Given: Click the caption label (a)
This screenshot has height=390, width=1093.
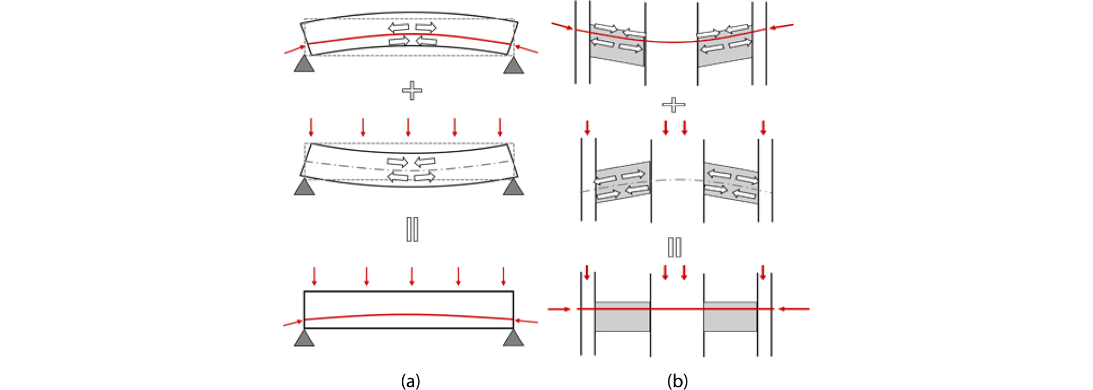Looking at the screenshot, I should pyautogui.click(x=410, y=381).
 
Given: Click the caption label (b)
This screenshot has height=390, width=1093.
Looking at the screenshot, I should pyautogui.click(x=677, y=381).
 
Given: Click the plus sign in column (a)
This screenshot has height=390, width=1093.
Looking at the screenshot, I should pyautogui.click(x=412, y=90).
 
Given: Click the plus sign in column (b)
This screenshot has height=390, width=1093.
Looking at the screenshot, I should pyautogui.click(x=673, y=105).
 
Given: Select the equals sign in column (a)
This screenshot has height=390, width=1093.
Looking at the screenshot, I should pyautogui.click(x=412, y=229).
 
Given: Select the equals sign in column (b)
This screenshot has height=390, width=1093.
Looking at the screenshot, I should pyautogui.click(x=674, y=247).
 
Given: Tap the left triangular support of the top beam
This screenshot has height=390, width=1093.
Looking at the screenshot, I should pyautogui.click(x=304, y=65).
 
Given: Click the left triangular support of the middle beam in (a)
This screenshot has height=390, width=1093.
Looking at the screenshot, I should pyautogui.click(x=304, y=187).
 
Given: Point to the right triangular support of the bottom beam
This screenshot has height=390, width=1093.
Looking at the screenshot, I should pyautogui.click(x=513, y=339).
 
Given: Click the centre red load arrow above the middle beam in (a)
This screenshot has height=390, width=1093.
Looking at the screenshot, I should pyautogui.click(x=408, y=127).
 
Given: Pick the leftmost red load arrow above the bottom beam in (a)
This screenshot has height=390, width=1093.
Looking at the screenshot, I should pyautogui.click(x=314, y=276).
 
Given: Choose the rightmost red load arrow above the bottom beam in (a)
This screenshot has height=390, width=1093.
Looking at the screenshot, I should pyautogui.click(x=503, y=276).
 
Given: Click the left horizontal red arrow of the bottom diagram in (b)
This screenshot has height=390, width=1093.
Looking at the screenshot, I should pyautogui.click(x=559, y=309).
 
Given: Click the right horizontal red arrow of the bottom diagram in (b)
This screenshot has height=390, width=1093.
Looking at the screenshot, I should pyautogui.click(x=794, y=309).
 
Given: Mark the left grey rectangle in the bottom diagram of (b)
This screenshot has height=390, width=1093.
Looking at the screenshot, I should pyautogui.click(x=622, y=317).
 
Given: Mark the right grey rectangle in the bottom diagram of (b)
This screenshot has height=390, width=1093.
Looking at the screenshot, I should pyautogui.click(x=730, y=317).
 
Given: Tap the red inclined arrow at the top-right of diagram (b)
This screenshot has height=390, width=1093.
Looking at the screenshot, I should pyautogui.click(x=781, y=26).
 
